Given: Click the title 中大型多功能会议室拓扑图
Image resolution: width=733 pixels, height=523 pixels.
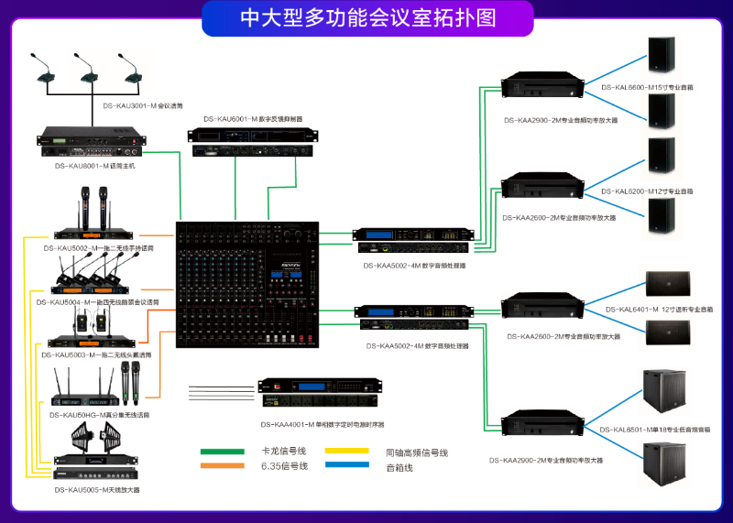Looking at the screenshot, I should pyautogui.click(x=366, y=17).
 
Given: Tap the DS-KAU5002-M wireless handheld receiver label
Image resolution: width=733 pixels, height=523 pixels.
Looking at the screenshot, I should pyautogui.click(x=99, y=248).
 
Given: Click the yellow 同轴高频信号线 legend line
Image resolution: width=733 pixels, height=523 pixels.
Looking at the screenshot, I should pyautogui.click(x=348, y=451).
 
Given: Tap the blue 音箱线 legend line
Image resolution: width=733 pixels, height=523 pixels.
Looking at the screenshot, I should pyautogui.click(x=348, y=466).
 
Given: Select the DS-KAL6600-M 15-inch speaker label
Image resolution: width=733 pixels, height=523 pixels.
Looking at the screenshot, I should pyautogui.click(x=647, y=87).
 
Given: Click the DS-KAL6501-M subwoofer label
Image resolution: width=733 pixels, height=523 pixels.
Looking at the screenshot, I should pyautogui.click(x=655, y=429).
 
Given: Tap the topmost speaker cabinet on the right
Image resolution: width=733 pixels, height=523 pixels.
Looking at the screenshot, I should pyautogui.click(x=661, y=56).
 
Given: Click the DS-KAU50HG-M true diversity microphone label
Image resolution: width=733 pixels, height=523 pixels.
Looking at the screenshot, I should pyautogui.click(x=99, y=415).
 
